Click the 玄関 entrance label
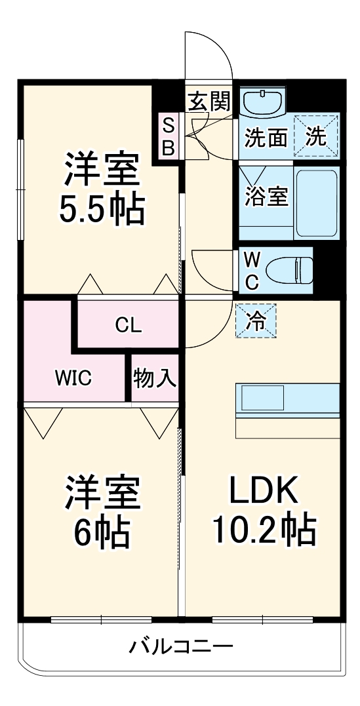click(x=209, y=102)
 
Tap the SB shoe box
click(x=168, y=136)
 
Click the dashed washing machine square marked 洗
click(x=316, y=136)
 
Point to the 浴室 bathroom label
click(x=266, y=196)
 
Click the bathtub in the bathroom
click(x=316, y=203)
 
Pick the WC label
click(x=251, y=271)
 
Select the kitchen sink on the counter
click(x=263, y=398)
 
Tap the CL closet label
click(x=129, y=324)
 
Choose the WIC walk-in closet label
click(x=73, y=378)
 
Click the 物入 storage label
click(x=154, y=378)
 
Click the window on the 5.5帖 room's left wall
click(x=20, y=189)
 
